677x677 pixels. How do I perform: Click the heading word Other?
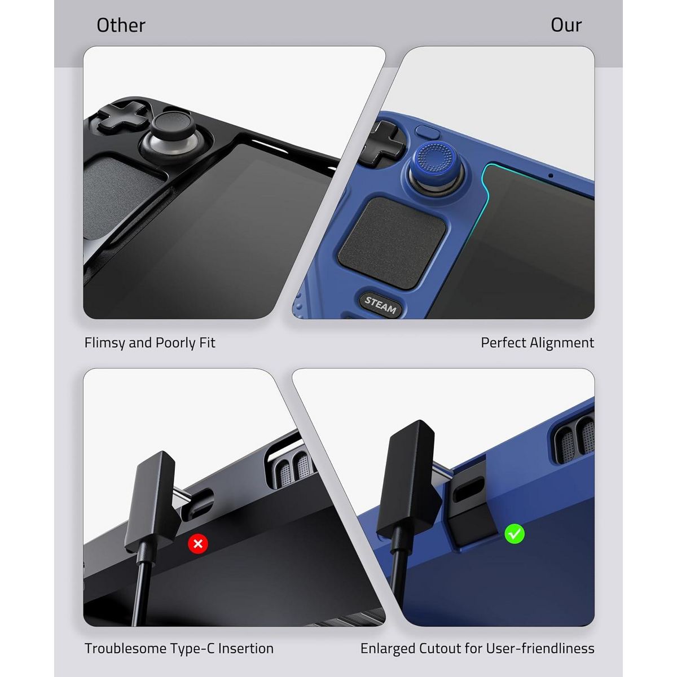click(x=121, y=25)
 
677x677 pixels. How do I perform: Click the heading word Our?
click(x=566, y=25)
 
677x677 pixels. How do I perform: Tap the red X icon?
click(x=198, y=544)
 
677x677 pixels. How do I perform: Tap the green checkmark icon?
click(x=515, y=534)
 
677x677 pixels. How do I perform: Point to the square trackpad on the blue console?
click(x=392, y=243)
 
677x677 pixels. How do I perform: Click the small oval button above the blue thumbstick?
click(x=427, y=133)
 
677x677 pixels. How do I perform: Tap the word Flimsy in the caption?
click(x=105, y=343)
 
